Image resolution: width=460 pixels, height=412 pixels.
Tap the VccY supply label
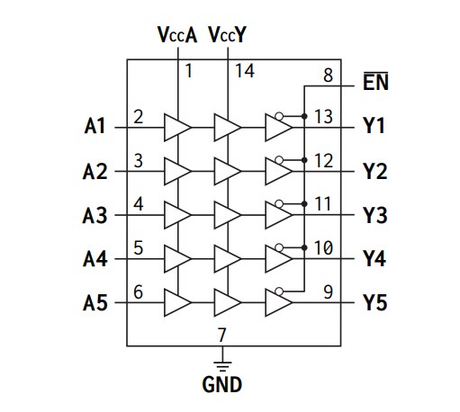pyautogui.click(x=228, y=37)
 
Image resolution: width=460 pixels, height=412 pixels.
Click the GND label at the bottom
pyautogui.click(x=221, y=385)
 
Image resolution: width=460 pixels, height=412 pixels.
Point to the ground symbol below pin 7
pyautogui.click(x=221, y=362)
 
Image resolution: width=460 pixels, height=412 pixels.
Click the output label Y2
pyautogui.click(x=374, y=171)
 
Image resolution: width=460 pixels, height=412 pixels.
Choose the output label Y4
pyautogui.click(x=374, y=259)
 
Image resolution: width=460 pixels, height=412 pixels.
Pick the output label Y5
pyautogui.click(x=374, y=303)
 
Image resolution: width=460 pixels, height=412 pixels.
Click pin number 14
pyautogui.click(x=245, y=69)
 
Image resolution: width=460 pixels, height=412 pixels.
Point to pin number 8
pyautogui.click(x=327, y=76)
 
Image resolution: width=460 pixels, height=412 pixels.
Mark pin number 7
pyautogui.click(x=221, y=335)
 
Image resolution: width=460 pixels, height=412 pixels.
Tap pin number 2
pyautogui.click(x=138, y=116)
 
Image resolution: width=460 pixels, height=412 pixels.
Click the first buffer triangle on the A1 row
pyautogui.click(x=177, y=127)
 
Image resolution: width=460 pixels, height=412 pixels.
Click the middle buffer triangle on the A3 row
pyautogui.click(x=228, y=215)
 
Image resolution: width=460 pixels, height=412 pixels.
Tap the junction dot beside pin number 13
pyautogui.click(x=306, y=116)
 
